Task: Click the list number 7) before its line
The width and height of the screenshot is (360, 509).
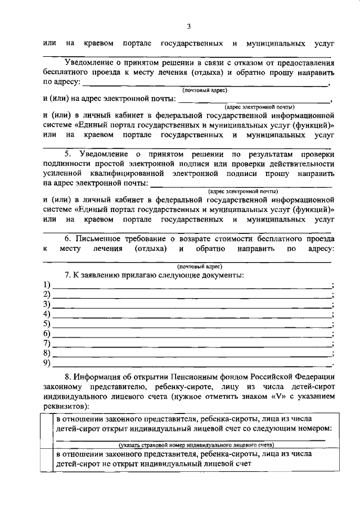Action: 47,343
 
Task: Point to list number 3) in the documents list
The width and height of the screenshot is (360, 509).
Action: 47,305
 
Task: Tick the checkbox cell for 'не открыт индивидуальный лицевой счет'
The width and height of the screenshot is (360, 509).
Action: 48,460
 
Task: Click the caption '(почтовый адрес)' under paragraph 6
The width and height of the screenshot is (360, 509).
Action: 200,266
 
